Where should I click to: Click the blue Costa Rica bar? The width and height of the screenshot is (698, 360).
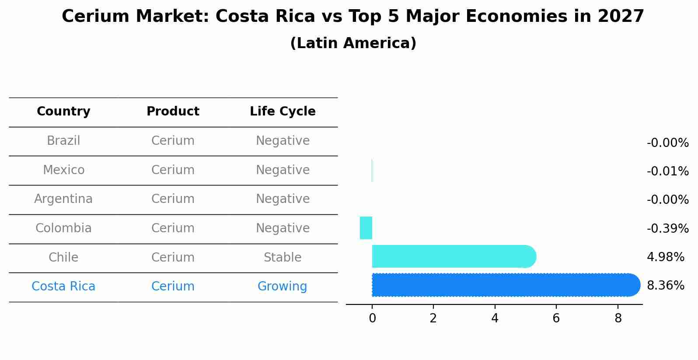point(503,285)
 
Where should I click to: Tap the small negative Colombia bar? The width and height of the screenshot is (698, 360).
point(366,228)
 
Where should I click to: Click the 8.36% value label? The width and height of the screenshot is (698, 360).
point(665,286)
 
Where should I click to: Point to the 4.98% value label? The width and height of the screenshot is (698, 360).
point(665,257)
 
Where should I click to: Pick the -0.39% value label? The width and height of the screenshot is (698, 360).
point(667,228)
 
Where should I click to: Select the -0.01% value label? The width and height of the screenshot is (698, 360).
point(667,171)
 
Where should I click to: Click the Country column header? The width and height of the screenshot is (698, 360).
point(63,112)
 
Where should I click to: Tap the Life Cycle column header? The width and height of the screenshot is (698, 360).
point(283,112)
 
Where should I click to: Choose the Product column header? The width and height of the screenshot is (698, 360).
point(173,112)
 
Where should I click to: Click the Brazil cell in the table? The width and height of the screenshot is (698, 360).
point(63,141)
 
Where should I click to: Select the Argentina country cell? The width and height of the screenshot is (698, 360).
point(63,199)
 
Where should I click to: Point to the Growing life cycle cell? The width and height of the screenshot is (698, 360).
point(282,287)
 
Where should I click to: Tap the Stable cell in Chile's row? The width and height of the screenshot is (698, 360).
point(282,258)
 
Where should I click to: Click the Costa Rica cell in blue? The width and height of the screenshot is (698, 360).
point(63,287)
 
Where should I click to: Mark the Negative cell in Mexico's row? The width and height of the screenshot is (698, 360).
point(283,170)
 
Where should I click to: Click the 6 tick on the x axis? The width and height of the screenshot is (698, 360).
point(556,318)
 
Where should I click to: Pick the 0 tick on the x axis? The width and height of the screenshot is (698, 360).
point(372,318)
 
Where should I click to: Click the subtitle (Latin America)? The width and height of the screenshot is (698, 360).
point(353,43)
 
